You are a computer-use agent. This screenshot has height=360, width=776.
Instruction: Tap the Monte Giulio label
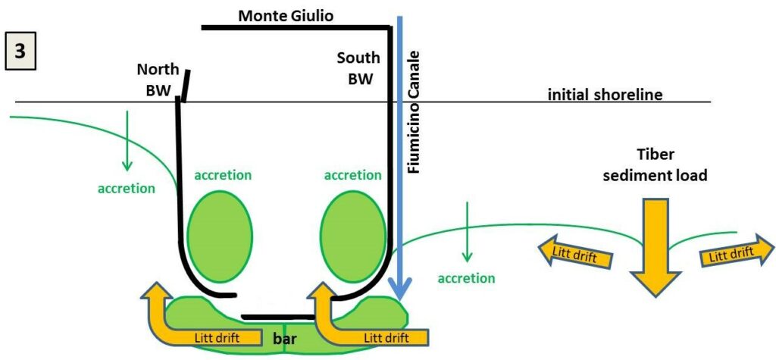tap(286, 16)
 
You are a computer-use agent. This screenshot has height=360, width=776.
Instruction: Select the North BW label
tap(158, 80)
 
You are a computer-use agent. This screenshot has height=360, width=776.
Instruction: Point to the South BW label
tap(358, 68)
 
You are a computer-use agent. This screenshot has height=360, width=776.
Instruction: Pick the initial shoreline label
tap(605, 94)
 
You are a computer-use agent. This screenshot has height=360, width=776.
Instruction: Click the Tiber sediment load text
tap(655, 164)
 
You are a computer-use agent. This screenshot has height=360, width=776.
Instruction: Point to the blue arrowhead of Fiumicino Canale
tap(400, 289)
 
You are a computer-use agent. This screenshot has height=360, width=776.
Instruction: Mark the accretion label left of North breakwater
tap(127, 189)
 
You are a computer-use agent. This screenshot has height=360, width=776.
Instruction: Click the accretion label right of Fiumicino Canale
tap(466, 278)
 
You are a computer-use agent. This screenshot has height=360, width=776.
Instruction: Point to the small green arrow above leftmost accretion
tap(127, 141)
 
